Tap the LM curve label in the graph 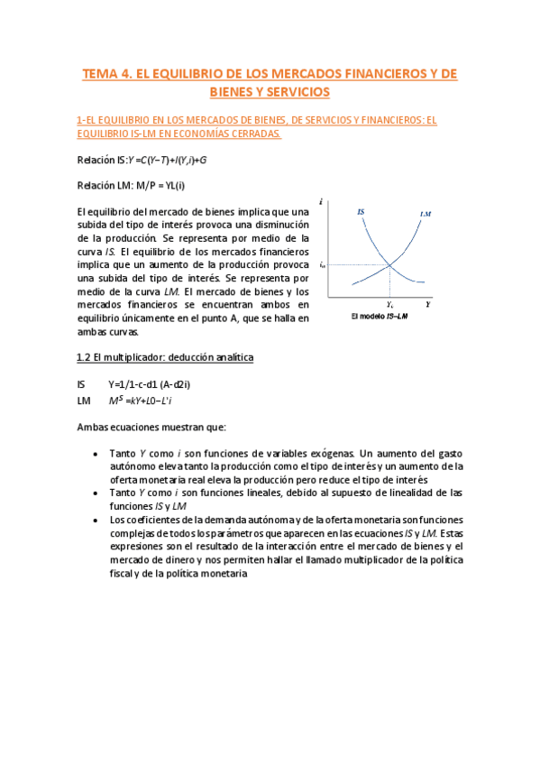(x=426, y=214)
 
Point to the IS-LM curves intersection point (x=389, y=264)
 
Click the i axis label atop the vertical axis (x=322, y=200)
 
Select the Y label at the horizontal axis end (x=428, y=305)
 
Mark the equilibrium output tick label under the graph (x=389, y=305)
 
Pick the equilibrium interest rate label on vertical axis (x=322, y=264)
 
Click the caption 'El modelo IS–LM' (x=380, y=318)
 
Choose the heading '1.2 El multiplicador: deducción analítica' (x=165, y=357)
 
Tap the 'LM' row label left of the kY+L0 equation (x=84, y=400)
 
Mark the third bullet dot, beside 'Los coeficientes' (x=96, y=520)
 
